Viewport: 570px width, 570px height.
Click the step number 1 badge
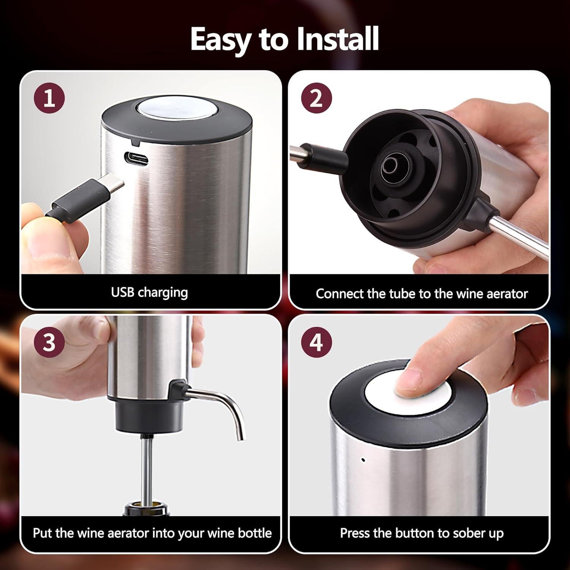tap(49, 98)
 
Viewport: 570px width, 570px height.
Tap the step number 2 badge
tap(317, 98)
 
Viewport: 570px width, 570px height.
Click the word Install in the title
tap(337, 39)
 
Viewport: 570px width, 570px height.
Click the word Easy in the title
tap(223, 40)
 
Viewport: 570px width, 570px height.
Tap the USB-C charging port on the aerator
tap(136, 158)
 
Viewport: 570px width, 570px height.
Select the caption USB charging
tap(149, 292)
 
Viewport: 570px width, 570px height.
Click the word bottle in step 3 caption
tap(254, 533)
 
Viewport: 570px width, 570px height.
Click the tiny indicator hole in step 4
tap(363, 460)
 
